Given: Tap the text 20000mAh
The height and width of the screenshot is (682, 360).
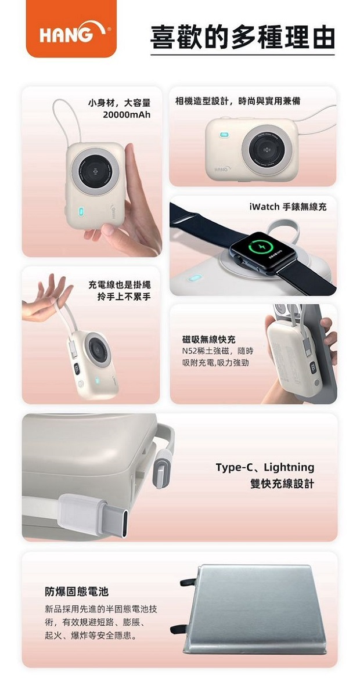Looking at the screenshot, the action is (127, 115).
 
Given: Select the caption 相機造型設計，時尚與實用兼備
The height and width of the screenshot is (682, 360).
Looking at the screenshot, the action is (237, 102).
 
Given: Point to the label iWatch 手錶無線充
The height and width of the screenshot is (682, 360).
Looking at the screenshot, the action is (288, 207).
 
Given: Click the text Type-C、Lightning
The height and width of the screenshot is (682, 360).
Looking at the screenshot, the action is (265, 467).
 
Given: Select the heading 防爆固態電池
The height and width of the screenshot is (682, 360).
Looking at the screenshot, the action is (77, 591).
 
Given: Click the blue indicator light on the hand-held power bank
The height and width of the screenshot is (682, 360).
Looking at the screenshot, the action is (81, 212).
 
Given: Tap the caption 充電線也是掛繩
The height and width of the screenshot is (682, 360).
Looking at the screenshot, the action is (119, 286).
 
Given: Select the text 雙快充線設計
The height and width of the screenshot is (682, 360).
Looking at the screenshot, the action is (282, 483).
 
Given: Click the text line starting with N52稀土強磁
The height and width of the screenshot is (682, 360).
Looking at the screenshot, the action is (218, 351).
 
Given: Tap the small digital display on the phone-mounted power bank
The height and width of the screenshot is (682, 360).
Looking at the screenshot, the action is (312, 368).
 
